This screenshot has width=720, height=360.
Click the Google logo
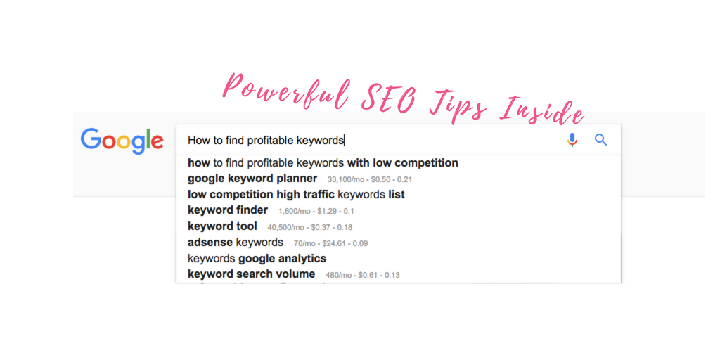122,141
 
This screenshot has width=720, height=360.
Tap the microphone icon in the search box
572,140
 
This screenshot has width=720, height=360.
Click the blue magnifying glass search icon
601,140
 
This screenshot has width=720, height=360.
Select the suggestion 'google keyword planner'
252,178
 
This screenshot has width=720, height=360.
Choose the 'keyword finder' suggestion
228,210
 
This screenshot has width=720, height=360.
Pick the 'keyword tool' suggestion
223,226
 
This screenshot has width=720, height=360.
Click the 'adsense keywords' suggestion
236,243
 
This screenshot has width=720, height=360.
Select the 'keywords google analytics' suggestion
257,259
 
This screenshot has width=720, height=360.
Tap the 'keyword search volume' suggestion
252,275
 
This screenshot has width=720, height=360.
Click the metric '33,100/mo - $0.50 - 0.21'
370,179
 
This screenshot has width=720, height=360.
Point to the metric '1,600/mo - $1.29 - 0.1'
316,211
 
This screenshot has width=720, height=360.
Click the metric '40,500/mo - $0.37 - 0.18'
310,227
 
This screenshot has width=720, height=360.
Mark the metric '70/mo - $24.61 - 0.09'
330,243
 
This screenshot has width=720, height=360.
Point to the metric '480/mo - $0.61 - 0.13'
363,276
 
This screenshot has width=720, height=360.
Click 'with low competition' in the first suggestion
403,163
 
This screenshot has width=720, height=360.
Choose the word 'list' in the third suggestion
397,195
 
